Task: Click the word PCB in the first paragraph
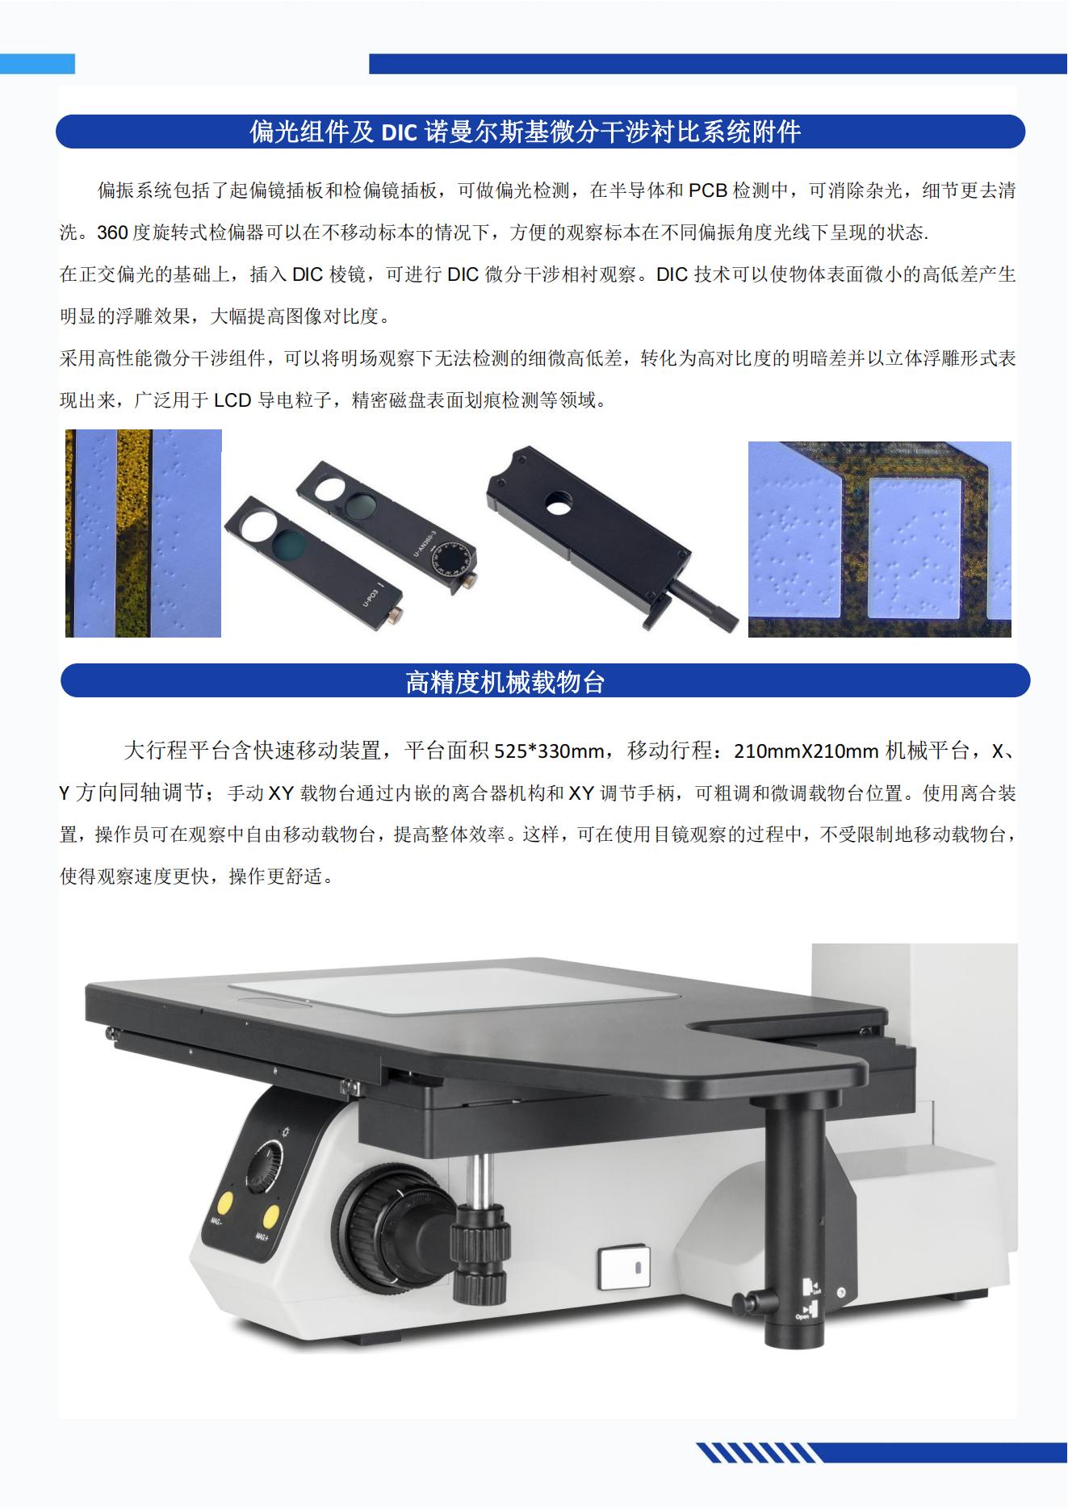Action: tap(708, 190)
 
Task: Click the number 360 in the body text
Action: tap(112, 232)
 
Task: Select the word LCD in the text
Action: tap(232, 399)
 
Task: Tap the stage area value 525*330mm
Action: tap(549, 751)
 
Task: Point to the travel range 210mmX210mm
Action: tap(806, 751)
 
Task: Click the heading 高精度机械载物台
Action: tap(505, 683)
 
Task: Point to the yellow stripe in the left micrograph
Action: tap(134, 533)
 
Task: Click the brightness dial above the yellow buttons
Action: tap(266, 1166)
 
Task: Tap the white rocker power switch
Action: tap(622, 1267)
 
